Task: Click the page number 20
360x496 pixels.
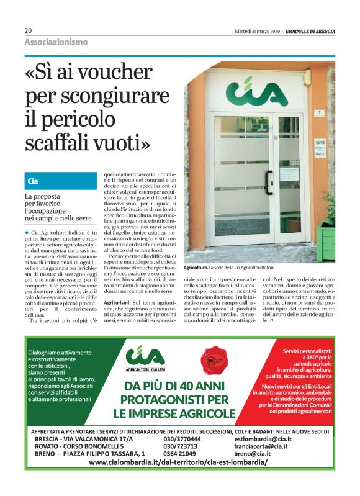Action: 29,30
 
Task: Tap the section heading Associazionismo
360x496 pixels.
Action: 56,42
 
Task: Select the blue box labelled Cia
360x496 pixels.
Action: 60,181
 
